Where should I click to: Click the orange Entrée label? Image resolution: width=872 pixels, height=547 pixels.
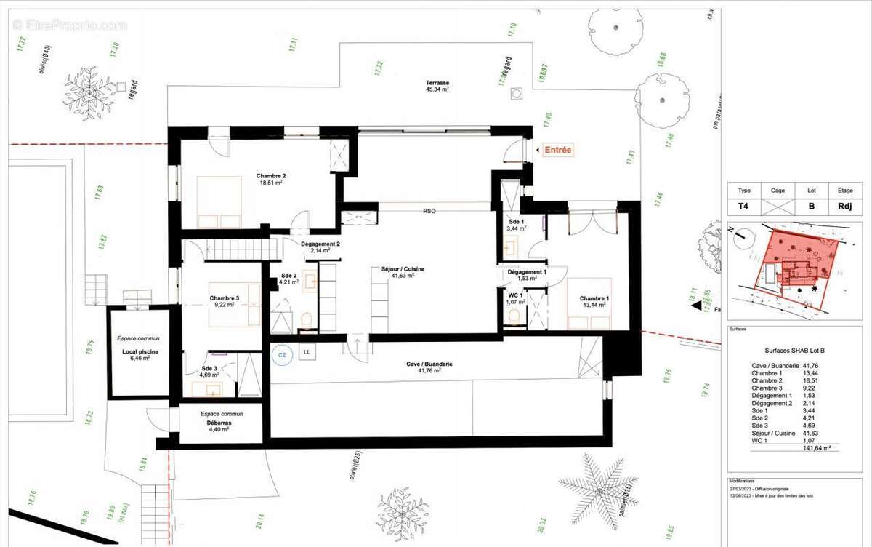558,151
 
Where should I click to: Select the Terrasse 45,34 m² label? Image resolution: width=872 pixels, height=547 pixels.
437,87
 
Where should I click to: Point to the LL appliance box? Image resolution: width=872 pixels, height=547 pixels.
307,352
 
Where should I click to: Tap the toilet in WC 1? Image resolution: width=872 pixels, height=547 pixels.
515,316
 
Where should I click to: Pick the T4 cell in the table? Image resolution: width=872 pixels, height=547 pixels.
744,206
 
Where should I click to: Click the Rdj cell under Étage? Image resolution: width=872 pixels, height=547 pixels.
845,206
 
